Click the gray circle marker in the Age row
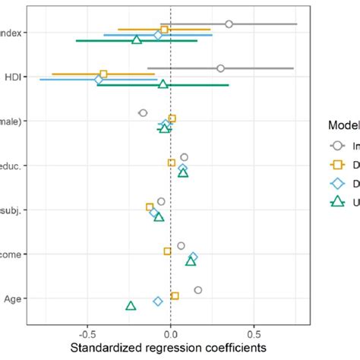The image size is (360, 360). click(x=198, y=290)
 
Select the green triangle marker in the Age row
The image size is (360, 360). click(x=131, y=305)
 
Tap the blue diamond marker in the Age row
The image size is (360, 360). click(x=158, y=301)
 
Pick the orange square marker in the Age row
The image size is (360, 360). click(x=175, y=295)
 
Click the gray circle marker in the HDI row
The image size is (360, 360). click(x=220, y=68)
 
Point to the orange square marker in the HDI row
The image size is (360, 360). click(x=103, y=74)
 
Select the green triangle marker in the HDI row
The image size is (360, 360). click(x=163, y=84)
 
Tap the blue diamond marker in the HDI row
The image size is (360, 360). click(x=99, y=79)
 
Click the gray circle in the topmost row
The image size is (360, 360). click(x=229, y=24)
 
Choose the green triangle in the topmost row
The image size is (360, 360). click(x=137, y=39)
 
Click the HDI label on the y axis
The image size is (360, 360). click(x=14, y=77)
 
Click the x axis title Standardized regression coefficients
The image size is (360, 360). click(x=169, y=348)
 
